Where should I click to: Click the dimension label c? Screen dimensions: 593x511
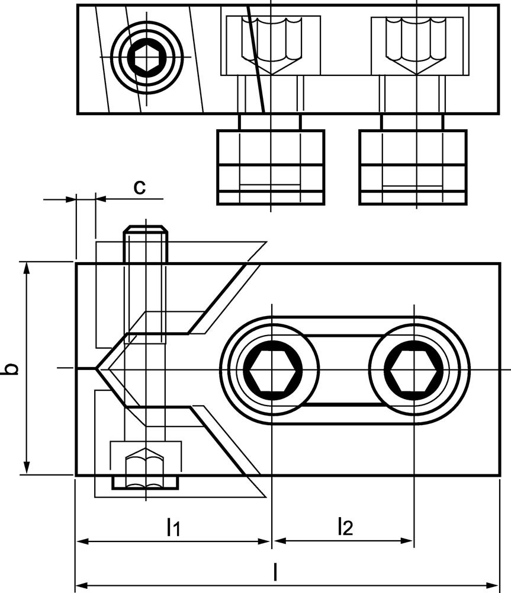pos(139,186)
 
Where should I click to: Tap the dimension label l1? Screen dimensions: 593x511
pos(172,526)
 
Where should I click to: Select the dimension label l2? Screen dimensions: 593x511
pos(344,526)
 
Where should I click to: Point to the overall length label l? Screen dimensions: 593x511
pos(275,572)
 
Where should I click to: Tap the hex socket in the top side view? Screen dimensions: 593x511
pos(146,58)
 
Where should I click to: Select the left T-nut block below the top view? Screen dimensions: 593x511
pos(271,167)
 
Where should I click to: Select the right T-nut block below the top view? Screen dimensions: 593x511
pos(413,167)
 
